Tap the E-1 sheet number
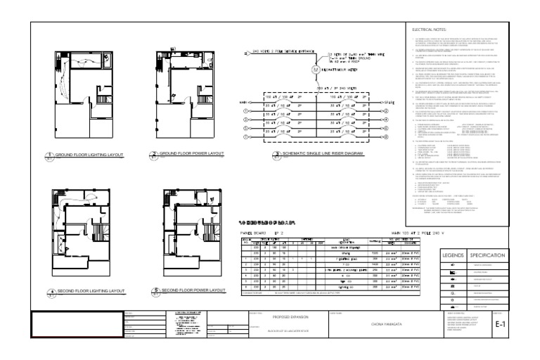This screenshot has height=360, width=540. coord(500,325)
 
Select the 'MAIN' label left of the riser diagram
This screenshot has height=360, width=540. coord(240,101)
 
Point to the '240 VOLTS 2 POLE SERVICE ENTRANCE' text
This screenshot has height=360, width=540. coord(277,51)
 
